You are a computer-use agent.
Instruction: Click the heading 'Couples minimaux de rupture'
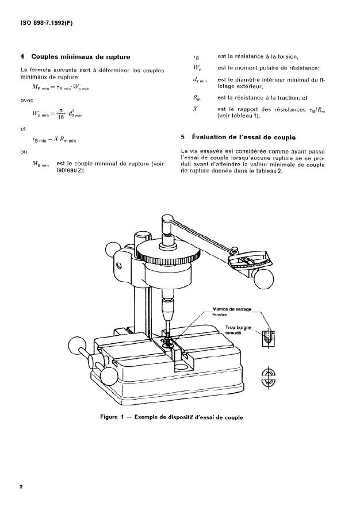tap(81, 57)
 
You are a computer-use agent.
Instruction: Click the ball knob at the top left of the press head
tap(113, 251)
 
